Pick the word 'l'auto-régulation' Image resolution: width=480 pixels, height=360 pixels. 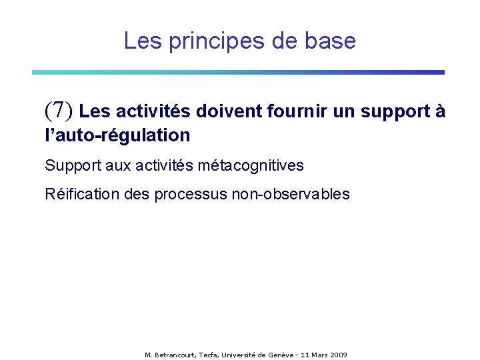[x=117, y=135]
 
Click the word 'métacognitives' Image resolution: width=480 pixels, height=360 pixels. [x=252, y=165]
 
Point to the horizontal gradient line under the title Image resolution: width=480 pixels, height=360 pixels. [x=238, y=72]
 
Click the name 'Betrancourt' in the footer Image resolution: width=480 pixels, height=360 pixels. [x=175, y=355]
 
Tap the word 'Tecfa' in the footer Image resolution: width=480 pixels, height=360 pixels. [x=208, y=355]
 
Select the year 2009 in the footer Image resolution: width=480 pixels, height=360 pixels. [x=339, y=355]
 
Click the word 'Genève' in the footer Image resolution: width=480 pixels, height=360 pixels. [x=281, y=355]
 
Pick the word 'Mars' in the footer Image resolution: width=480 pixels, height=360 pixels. [x=318, y=355]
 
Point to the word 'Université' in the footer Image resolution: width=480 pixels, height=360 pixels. [x=241, y=355]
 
